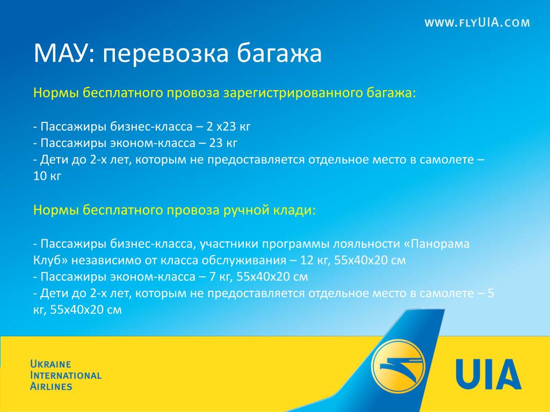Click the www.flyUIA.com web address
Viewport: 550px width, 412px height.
coord(477,23)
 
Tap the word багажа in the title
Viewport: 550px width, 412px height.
coord(279,54)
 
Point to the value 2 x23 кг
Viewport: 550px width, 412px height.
coord(228,126)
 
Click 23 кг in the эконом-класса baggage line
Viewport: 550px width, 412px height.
coord(223,143)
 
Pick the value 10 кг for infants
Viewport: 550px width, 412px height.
coord(47,176)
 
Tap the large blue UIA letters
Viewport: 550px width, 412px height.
coord(489,374)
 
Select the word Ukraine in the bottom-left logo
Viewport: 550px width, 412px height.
coord(50,364)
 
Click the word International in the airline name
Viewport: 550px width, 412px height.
coord(66,375)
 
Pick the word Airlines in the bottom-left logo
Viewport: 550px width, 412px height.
coord(51,386)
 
